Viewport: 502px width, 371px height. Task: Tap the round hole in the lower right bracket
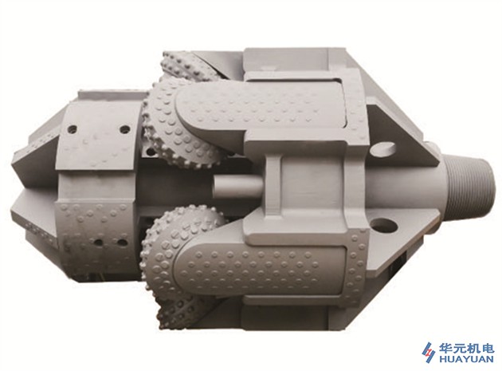pyautogui.click(x=383, y=225)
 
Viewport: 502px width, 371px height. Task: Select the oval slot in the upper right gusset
pyautogui.click(x=383, y=148)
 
